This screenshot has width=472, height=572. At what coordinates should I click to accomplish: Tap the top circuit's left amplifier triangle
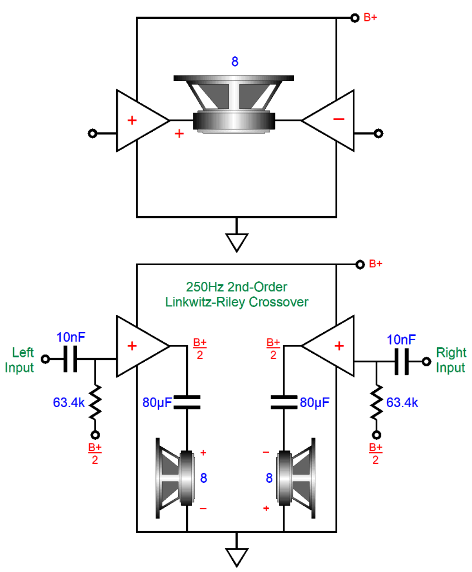pyautogui.click(x=139, y=121)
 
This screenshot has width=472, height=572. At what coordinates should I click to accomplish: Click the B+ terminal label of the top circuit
pyautogui.click(x=370, y=18)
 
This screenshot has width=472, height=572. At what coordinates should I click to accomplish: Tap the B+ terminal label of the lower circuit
pyautogui.click(x=376, y=264)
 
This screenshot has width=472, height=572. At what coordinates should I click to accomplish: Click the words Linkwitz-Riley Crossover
pyautogui.click(x=237, y=302)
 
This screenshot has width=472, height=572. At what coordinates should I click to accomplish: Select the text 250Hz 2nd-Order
pyautogui.click(x=237, y=287)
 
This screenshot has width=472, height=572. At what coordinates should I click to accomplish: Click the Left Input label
pyautogui.click(x=20, y=360)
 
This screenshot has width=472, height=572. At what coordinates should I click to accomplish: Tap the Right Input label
pyautogui.click(x=451, y=360)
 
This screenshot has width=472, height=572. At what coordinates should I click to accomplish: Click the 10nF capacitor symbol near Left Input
pyautogui.click(x=70, y=359)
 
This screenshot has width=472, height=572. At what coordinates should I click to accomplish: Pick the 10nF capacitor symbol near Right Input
pyautogui.click(x=401, y=361)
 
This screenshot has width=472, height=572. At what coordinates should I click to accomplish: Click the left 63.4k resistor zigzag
pyautogui.click(x=95, y=403)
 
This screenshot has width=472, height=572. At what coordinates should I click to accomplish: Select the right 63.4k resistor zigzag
pyautogui.click(x=376, y=403)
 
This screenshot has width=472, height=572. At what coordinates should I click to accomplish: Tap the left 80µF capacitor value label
pyautogui.click(x=157, y=403)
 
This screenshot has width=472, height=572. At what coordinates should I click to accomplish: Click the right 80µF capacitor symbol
pyautogui.click(x=284, y=402)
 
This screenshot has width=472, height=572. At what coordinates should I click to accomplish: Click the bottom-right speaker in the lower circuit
pyautogui.click(x=296, y=478)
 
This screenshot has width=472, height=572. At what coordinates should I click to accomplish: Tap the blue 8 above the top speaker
pyautogui.click(x=235, y=62)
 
